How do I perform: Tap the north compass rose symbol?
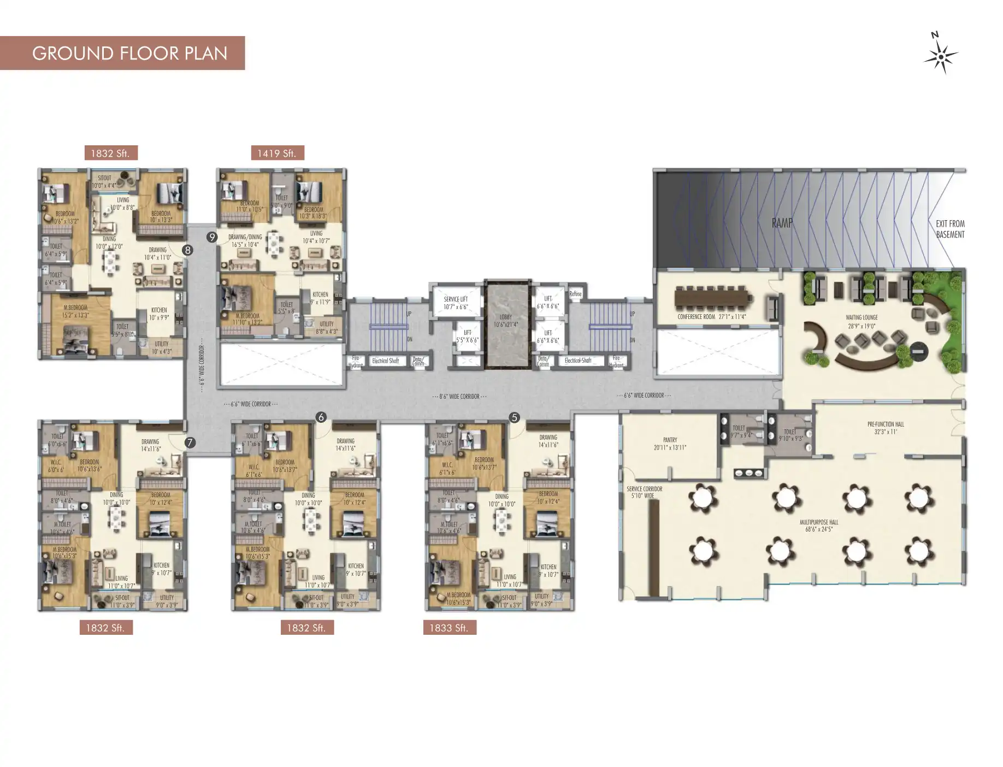[941, 56]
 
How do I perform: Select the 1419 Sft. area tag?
[277, 154]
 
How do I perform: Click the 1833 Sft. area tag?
[449, 628]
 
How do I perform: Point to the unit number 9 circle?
[212, 237]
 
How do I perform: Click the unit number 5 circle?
[514, 418]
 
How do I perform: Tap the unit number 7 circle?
[190, 442]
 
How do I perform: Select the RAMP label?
[782, 223]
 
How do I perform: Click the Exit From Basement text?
[950, 229]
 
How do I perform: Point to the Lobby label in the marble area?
[506, 321]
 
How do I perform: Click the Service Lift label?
[456, 303]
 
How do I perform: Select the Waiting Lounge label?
[862, 321]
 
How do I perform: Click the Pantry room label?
[670, 443]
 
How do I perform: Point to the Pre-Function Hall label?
[886, 428]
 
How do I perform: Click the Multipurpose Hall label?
[818, 526]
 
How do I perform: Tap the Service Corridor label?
[644, 492]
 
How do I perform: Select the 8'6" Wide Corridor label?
[459, 397]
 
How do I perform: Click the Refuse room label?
[575, 294]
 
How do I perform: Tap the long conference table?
[713, 298]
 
